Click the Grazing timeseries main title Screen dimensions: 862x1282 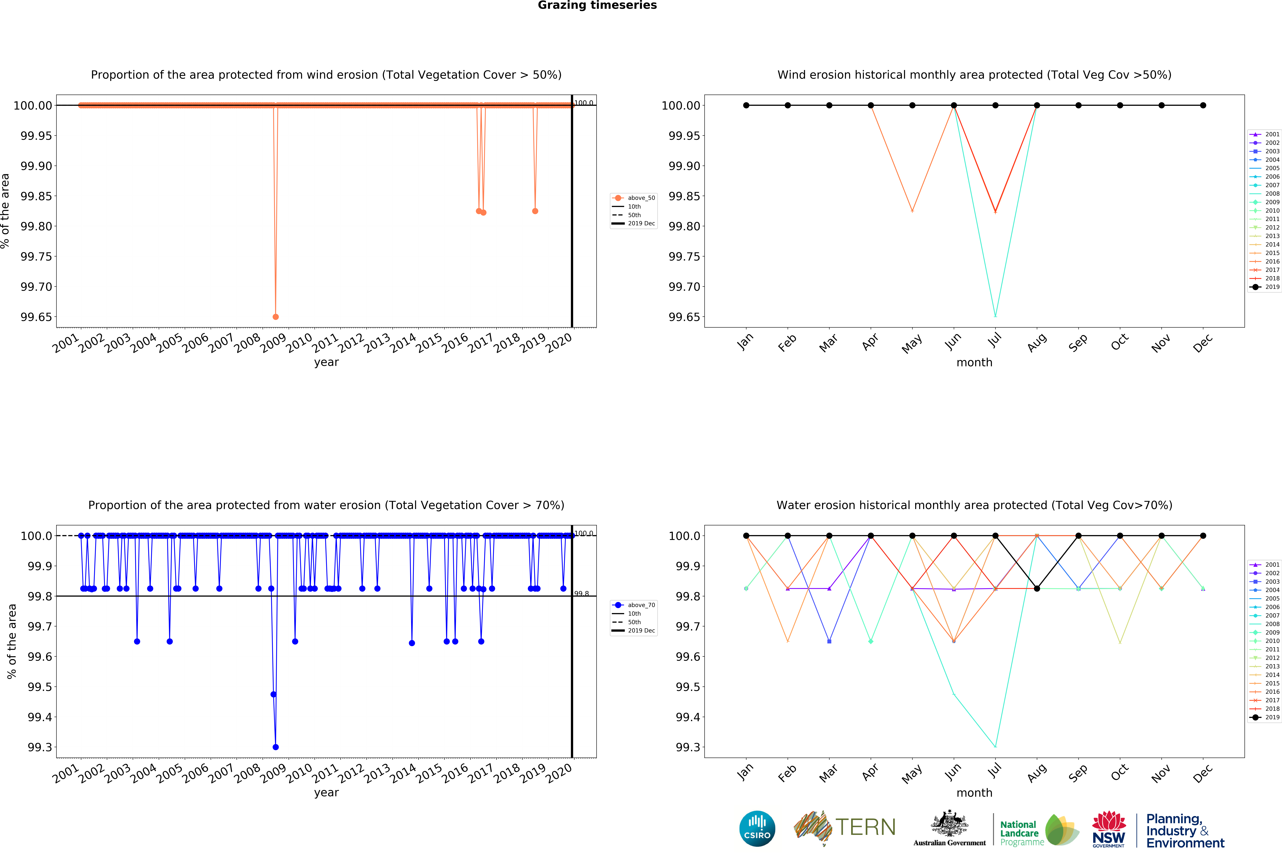[x=597, y=6]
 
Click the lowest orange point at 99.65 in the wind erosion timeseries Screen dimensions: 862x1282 [x=276, y=317]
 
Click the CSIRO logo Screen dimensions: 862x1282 [x=757, y=828]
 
